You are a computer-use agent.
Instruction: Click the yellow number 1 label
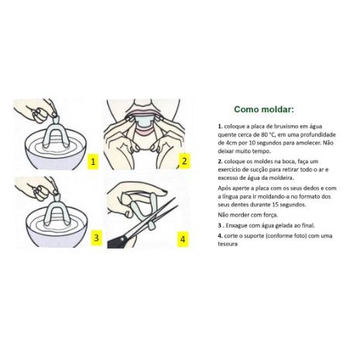(x=93, y=162)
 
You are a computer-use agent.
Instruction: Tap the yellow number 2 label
(x=184, y=161)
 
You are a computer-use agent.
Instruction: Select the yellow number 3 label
(x=96, y=238)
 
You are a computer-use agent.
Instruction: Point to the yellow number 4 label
(x=183, y=239)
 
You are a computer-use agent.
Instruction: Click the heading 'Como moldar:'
(x=264, y=109)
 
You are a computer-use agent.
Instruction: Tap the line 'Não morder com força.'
(x=248, y=215)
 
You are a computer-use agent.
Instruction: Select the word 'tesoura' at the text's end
(x=228, y=244)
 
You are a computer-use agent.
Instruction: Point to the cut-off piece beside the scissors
(x=152, y=227)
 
